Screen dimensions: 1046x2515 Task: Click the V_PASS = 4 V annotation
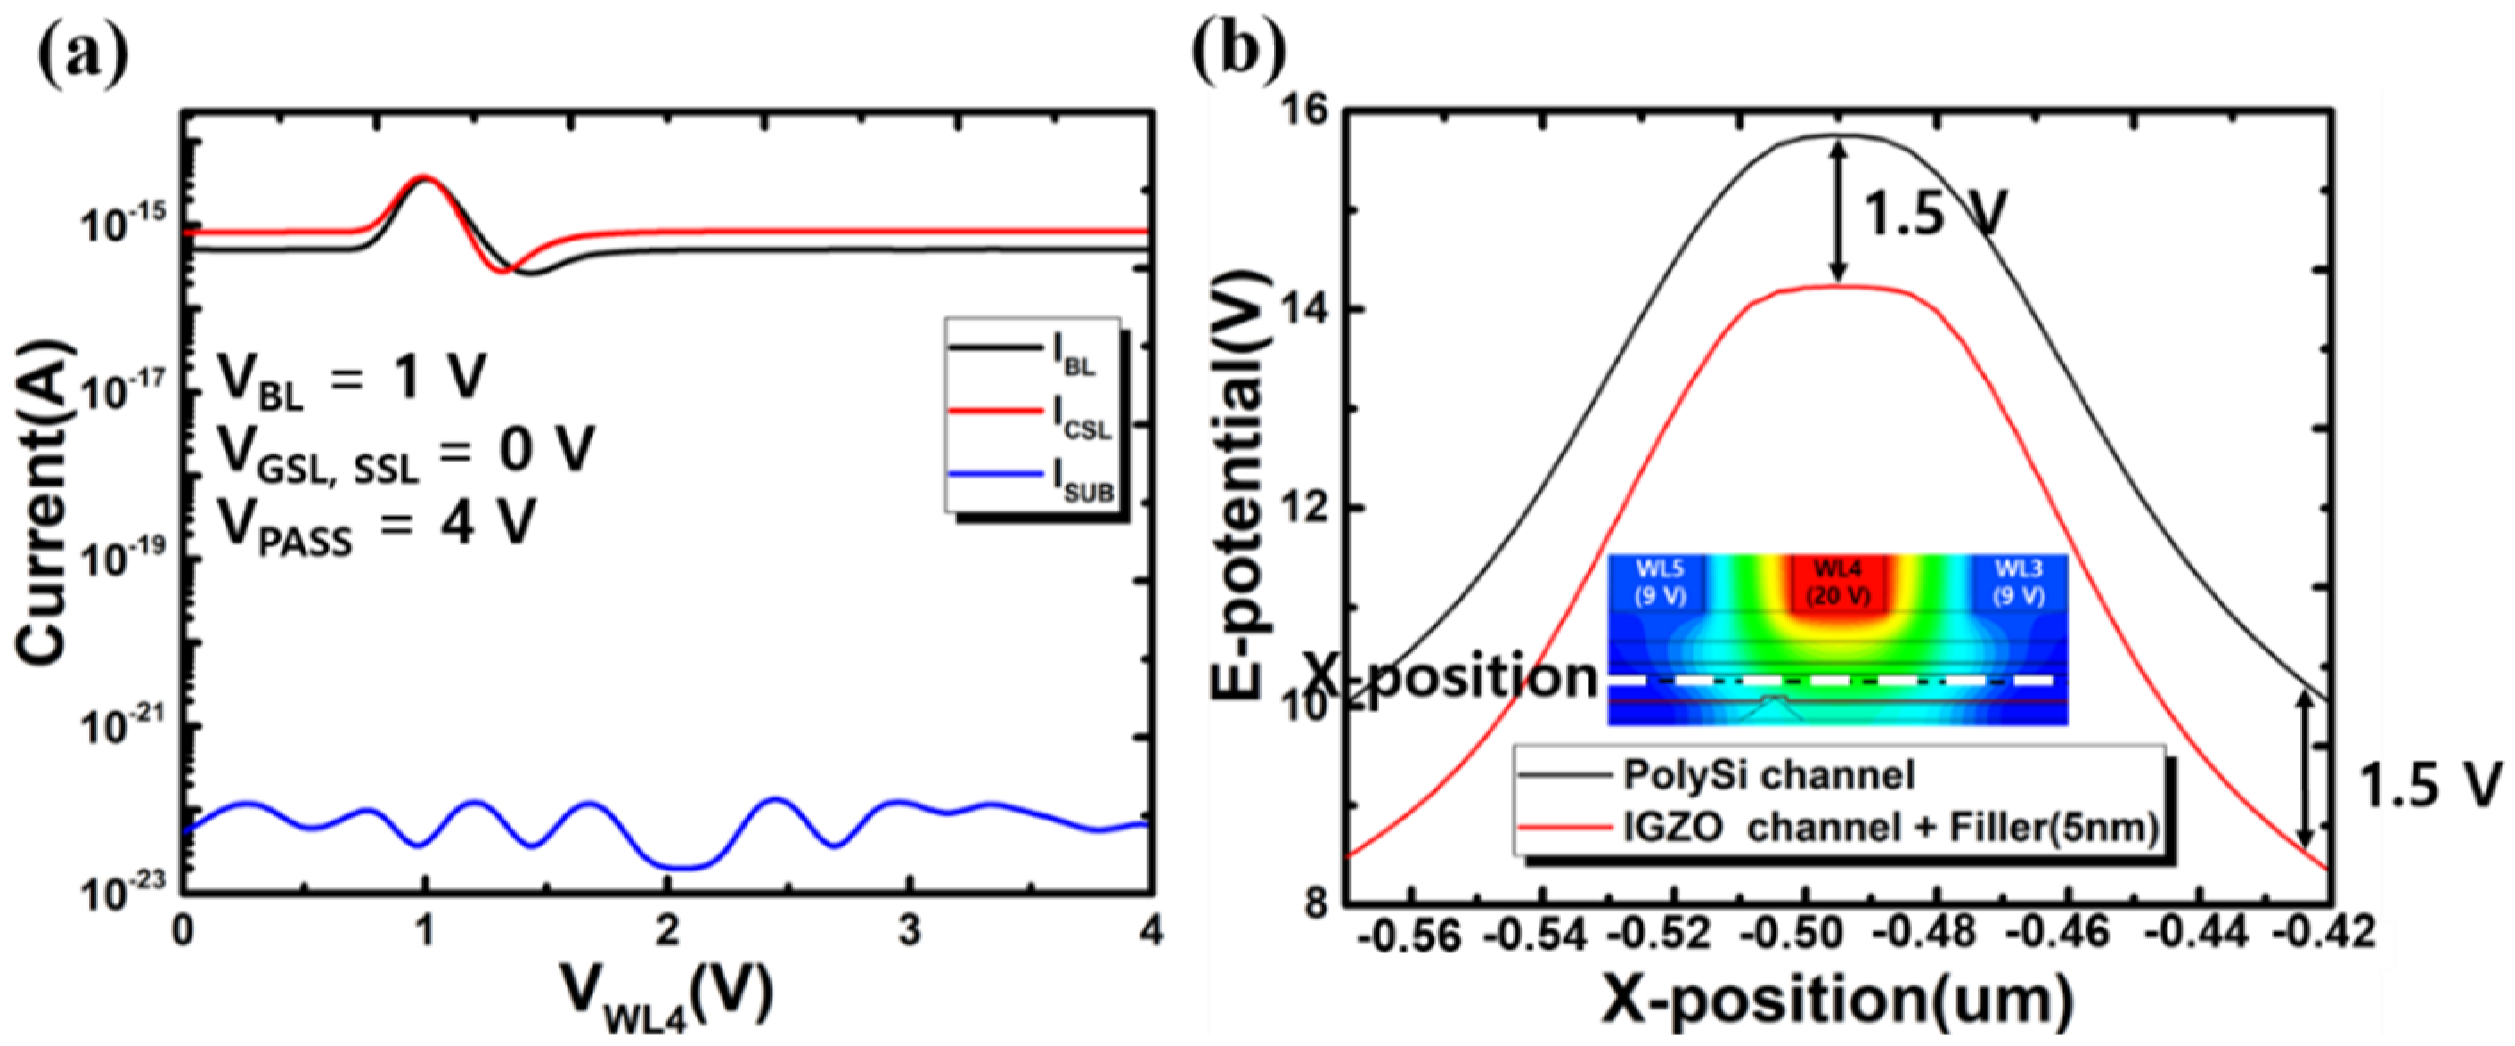[376, 528]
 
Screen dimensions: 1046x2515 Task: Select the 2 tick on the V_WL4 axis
[666, 932]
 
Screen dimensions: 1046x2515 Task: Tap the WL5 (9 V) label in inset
[1660, 582]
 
